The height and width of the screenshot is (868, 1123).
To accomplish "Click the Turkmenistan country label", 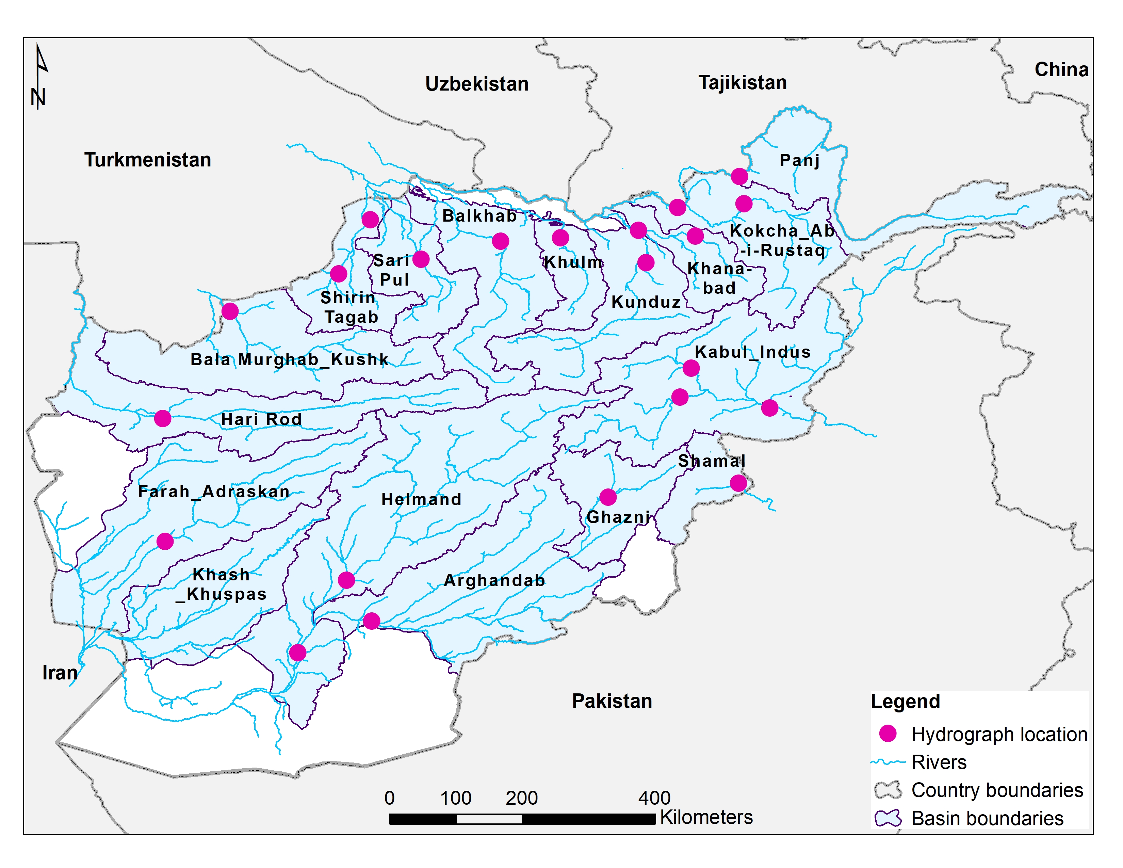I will [x=148, y=160].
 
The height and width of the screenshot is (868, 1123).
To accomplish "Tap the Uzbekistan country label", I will [x=477, y=84].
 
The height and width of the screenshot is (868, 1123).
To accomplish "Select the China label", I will [x=1061, y=69].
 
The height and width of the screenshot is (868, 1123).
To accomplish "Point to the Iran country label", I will [x=60, y=673].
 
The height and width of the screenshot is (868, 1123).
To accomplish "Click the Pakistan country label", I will [x=612, y=701].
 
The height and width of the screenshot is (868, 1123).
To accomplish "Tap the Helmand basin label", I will [x=421, y=499].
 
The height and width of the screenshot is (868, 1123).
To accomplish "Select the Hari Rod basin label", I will [x=261, y=419].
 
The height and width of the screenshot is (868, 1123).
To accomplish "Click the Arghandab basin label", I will [x=494, y=581].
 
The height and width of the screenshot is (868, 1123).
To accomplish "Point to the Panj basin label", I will [x=799, y=160].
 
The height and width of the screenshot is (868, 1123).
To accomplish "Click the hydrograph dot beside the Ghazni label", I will [x=608, y=497].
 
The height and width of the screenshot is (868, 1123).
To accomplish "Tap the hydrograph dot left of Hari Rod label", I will [x=162, y=419].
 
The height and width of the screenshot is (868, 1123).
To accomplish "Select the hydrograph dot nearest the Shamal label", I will [x=738, y=483].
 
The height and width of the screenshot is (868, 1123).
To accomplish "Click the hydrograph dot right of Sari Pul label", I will [x=421, y=259].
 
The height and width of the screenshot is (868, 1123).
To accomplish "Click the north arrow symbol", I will [x=39, y=77].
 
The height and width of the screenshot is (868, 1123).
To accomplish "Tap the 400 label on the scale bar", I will [x=654, y=798].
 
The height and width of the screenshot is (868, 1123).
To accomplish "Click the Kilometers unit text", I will [x=706, y=817].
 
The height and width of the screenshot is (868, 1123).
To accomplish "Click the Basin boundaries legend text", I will [x=987, y=818].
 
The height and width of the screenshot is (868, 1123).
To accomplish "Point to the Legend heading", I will [x=905, y=702].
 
